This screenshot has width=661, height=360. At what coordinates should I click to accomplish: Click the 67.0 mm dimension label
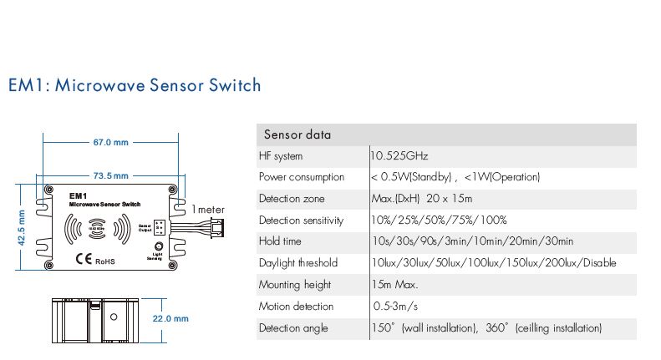pos(110,142)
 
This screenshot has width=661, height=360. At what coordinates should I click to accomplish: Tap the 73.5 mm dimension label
pos(110,175)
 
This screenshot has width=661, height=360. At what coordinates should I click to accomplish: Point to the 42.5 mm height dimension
pos(23,227)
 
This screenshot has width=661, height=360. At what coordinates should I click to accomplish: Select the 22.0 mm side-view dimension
pos(170,318)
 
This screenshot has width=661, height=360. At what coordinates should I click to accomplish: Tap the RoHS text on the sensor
pos(104,261)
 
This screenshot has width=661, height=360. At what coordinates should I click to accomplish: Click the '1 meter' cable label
pos(208,209)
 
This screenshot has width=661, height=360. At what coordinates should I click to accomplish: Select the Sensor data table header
pos(297,134)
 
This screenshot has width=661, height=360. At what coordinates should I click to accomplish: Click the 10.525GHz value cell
pos(399,156)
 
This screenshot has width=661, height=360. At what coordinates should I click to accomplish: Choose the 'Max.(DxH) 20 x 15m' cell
pos(422,199)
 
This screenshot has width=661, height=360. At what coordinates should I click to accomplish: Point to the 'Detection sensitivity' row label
pos(302,221)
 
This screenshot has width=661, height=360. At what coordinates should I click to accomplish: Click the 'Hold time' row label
pos(280,241)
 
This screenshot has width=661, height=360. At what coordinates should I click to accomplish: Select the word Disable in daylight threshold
pos(597,263)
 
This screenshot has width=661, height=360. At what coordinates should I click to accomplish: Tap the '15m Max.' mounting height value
pos(395,285)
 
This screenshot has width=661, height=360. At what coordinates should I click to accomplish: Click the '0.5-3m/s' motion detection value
pos(395,307)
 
